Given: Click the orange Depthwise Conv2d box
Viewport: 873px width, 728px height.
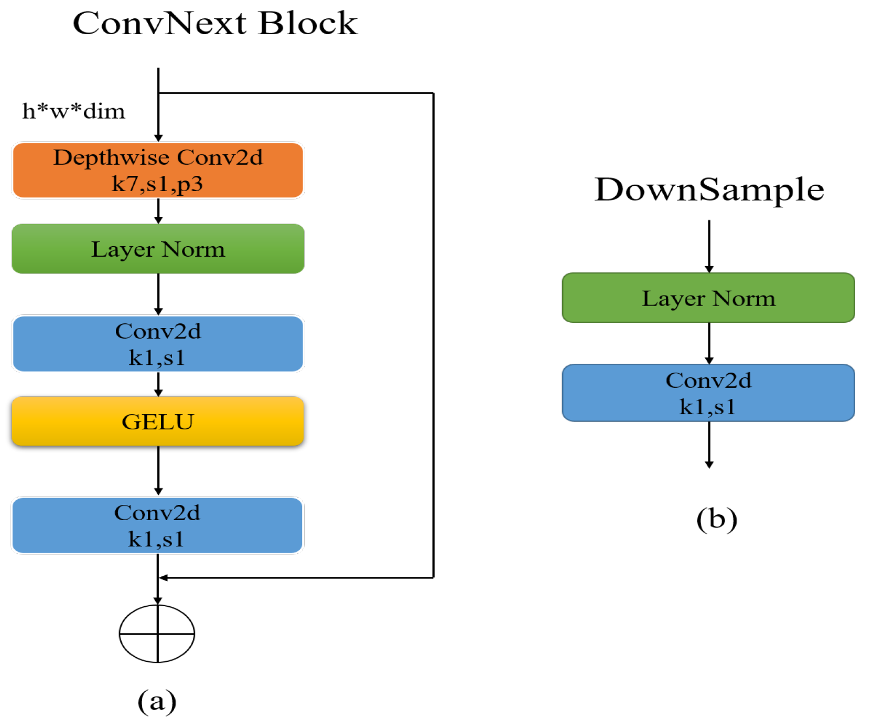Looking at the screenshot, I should click(x=158, y=170).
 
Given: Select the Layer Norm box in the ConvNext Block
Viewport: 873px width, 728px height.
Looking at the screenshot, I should click(x=158, y=249).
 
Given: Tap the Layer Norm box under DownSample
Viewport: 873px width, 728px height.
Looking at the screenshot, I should click(x=708, y=298).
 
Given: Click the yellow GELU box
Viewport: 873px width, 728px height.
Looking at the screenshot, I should click(x=158, y=421).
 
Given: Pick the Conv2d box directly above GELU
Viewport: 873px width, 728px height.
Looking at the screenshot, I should click(x=158, y=344).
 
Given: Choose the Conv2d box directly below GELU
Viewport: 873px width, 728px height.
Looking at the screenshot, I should click(x=157, y=525).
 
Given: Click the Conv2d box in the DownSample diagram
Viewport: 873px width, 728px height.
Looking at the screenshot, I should click(x=708, y=393).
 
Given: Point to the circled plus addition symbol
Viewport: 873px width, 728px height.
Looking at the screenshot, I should click(x=157, y=634).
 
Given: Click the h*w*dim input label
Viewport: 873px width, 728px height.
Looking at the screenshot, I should click(x=73, y=111).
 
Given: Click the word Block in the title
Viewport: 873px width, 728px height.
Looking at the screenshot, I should click(x=308, y=24).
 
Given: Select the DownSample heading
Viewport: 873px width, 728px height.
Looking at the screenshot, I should click(x=709, y=189).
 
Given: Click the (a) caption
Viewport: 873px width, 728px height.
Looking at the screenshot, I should click(x=157, y=701).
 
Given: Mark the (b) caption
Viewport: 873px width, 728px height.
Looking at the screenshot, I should click(x=717, y=519).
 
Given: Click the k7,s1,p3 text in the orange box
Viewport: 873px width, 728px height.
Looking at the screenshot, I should click(x=157, y=184).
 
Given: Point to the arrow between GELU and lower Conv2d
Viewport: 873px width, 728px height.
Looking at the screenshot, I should click(x=158, y=470).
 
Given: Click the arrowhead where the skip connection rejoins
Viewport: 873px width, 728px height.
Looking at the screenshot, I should click(x=163, y=578).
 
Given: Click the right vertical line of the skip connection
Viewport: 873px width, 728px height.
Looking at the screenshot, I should click(x=433, y=336).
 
